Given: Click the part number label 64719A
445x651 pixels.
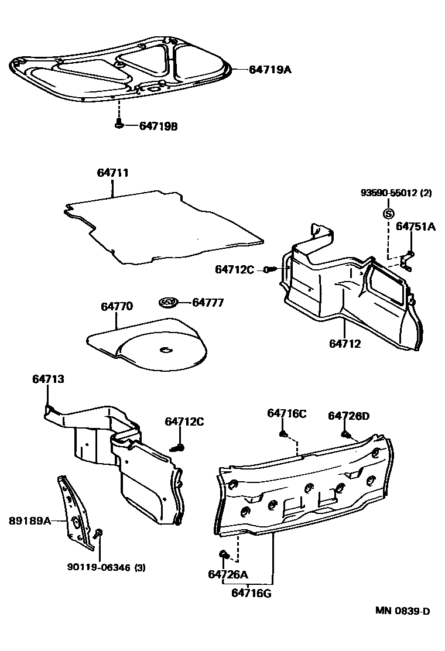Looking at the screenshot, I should point(270,70).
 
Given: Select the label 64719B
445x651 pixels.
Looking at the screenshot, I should point(158,126).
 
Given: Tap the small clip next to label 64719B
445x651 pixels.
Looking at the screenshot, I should point(119,124).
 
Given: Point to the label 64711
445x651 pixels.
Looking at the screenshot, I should point(113,173).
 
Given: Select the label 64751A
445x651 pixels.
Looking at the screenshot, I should point(416,227).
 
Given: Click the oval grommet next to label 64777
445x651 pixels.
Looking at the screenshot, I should point(168,303).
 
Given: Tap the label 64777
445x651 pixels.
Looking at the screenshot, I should point(208,303).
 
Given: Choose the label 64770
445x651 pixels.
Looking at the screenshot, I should point(117,306).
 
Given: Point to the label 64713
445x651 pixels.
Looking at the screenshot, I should point(48,379).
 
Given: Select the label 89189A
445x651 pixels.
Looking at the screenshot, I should point(30,519).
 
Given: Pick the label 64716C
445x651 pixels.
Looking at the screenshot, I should point(287,413).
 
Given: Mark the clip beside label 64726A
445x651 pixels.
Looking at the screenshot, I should point(223,553).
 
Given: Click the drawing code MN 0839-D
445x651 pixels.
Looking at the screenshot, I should point(403,611).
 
